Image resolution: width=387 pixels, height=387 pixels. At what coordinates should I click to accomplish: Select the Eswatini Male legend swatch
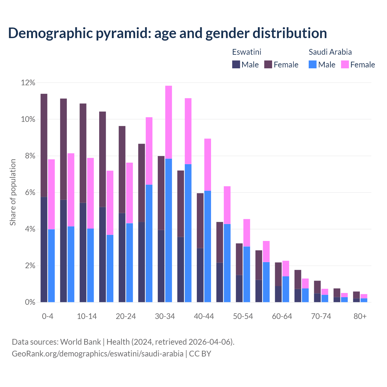coord(236,64)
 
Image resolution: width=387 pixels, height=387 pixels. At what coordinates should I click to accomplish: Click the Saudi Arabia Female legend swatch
coord(345,64)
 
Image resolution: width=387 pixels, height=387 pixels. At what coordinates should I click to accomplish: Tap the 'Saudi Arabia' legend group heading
coord(330,52)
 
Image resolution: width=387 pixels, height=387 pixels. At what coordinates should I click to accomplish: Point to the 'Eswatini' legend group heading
coord(246,52)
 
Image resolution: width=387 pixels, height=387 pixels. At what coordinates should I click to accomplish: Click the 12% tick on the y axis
coord(28,83)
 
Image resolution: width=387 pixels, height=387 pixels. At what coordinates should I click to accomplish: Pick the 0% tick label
coord(30,302)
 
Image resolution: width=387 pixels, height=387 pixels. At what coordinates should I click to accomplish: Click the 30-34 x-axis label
coord(165,316)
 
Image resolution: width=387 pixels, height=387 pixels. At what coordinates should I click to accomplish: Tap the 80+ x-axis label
coord(360,316)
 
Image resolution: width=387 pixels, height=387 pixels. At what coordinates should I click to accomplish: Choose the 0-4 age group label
coord(48,316)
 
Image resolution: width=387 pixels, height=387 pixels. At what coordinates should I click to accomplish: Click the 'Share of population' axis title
coord(13,192)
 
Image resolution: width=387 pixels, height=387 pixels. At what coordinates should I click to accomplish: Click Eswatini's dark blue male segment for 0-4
coord(44,249)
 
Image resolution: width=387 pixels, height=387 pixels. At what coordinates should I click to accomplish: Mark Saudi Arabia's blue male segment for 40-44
coord(208,246)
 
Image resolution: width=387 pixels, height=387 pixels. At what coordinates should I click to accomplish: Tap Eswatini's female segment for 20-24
coord(122,169)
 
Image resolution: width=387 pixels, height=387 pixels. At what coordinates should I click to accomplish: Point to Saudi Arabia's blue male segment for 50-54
coord(247,274)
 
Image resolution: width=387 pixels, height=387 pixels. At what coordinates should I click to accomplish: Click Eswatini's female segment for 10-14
coord(83,153)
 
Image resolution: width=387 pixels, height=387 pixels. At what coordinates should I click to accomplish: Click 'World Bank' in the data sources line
coord(80,342)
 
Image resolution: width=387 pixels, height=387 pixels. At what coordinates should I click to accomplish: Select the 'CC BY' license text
coord(200,354)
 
